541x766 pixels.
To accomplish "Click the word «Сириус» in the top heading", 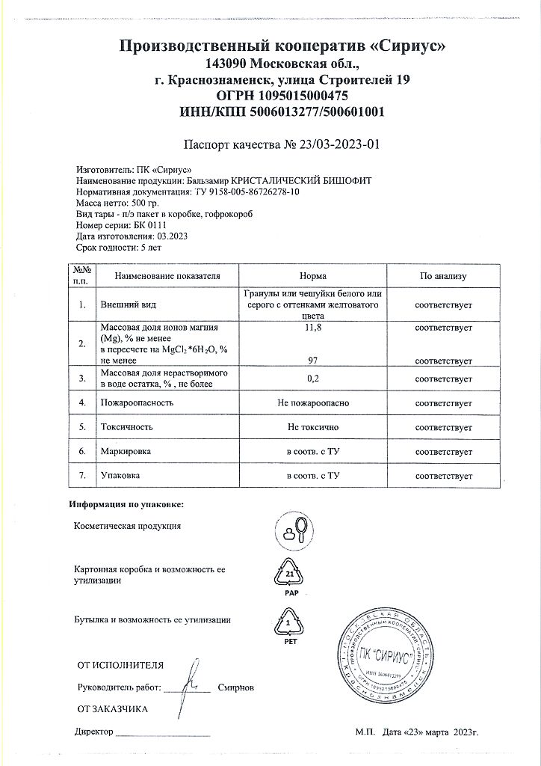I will (x=408, y=46).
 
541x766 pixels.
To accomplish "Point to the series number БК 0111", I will (x=149, y=224).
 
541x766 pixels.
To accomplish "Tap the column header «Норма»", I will (x=312, y=276).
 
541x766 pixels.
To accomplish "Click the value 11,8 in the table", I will (x=313, y=328).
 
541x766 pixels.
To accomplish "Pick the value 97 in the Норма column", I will (x=313, y=360).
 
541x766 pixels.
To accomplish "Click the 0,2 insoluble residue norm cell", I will (x=313, y=379).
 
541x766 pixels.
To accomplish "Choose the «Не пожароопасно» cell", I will (x=313, y=402).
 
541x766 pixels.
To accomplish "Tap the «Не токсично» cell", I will (x=313, y=427).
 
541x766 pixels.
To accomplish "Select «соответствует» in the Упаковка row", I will (x=443, y=476).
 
